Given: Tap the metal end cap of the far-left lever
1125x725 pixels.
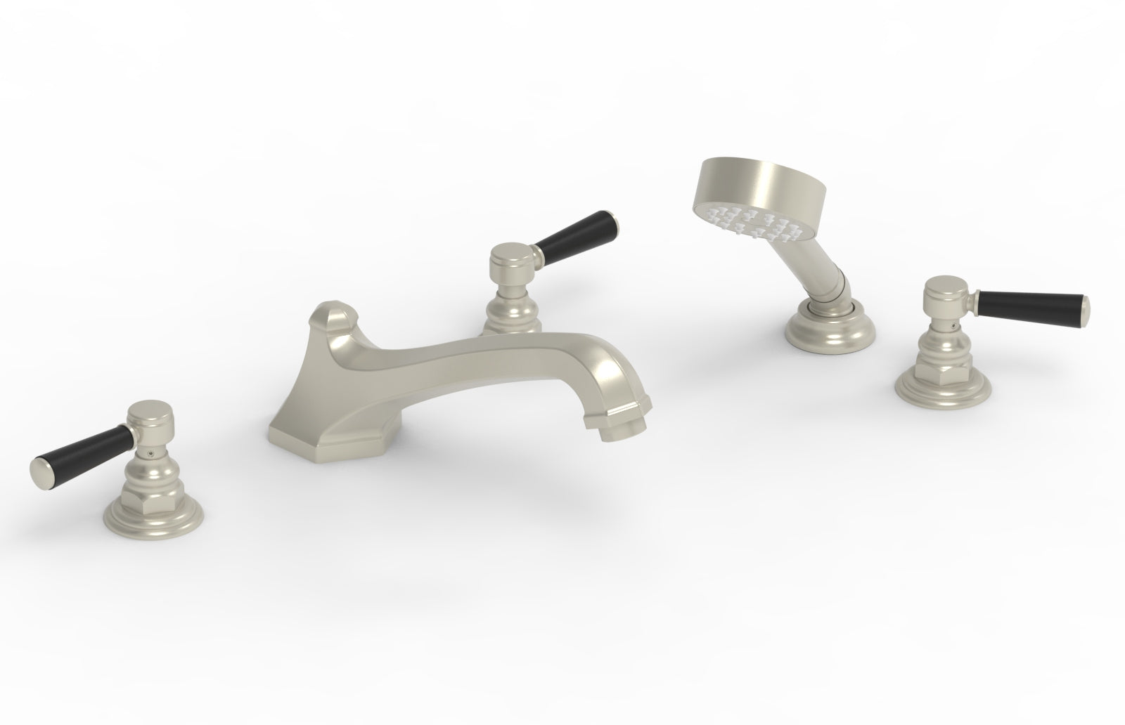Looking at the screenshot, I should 40,466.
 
